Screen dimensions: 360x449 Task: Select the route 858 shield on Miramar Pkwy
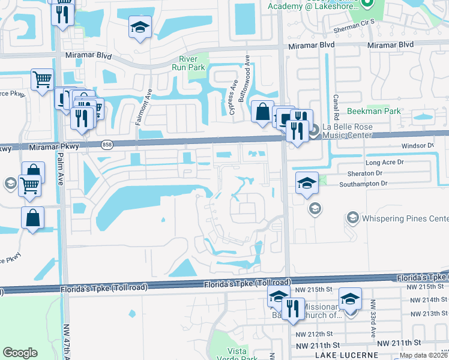107,144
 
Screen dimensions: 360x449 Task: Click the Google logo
20,353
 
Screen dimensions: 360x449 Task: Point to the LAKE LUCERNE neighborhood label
346,355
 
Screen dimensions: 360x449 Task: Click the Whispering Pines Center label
405,217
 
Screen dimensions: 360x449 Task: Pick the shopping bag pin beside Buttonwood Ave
262,112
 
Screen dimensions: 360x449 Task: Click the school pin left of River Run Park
140,28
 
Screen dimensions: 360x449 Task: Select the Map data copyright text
424,355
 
